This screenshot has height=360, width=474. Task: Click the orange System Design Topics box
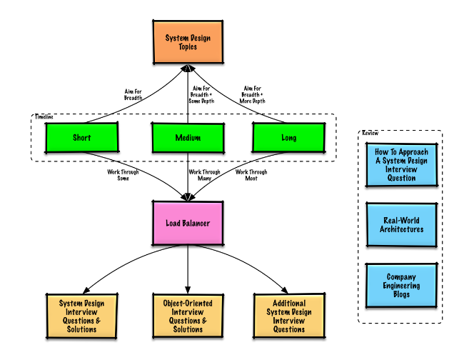[x=188, y=42]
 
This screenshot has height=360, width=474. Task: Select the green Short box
[x=81, y=138]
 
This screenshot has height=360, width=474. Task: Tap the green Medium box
[x=188, y=138]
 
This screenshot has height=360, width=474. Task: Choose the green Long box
[x=289, y=138]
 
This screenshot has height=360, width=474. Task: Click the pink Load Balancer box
[x=188, y=224]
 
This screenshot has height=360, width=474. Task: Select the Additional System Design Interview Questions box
[x=289, y=315]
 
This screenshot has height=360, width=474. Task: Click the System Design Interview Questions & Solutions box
[x=81, y=315]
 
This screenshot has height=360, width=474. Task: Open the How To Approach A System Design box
[x=401, y=164]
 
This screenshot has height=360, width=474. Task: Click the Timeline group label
[x=44, y=116]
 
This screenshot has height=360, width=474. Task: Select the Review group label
[x=370, y=134]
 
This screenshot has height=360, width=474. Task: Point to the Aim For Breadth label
[x=133, y=94]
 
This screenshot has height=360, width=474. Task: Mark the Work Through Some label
[x=123, y=175]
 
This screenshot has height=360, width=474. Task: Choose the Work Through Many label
[x=204, y=175]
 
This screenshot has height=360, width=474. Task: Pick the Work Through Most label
[x=251, y=175]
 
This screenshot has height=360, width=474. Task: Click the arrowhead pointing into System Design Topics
[x=188, y=69]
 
